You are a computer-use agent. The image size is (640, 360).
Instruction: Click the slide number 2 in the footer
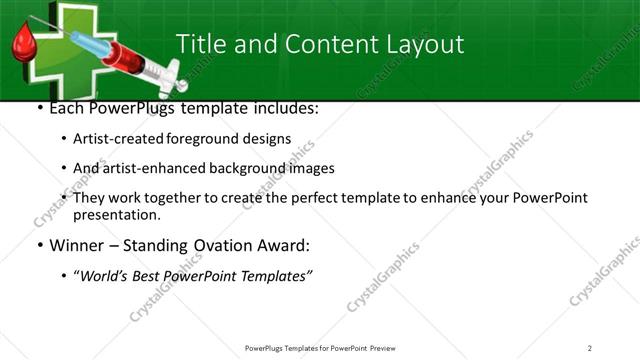click(x=589, y=348)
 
